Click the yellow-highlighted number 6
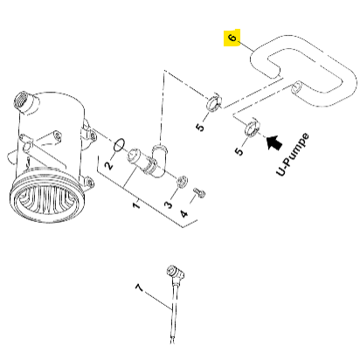click(x=232, y=38)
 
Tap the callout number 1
click(x=136, y=204)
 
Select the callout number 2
click(x=109, y=165)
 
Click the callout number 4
click(x=184, y=213)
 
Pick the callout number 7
click(x=140, y=287)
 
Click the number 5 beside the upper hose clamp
click(x=200, y=128)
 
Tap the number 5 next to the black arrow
click(x=239, y=151)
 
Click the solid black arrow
click(x=274, y=142)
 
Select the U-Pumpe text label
click(x=292, y=155)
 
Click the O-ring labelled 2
click(x=120, y=145)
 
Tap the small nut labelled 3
click(x=183, y=181)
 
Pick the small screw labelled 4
click(x=199, y=192)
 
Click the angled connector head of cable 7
click(x=175, y=273)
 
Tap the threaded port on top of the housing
click(x=25, y=102)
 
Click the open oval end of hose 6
click(x=298, y=87)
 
